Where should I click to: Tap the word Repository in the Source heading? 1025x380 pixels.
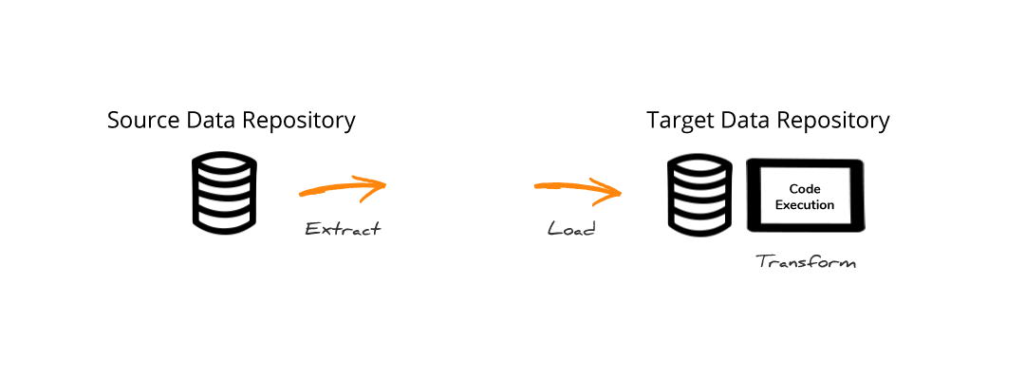[299, 123]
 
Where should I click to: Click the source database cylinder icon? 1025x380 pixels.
[224, 193]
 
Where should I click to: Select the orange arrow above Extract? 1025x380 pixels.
[343, 187]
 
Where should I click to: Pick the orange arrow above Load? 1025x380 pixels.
[578, 187]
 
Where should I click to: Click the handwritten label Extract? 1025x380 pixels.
[343, 230]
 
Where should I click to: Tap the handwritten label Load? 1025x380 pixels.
[571, 230]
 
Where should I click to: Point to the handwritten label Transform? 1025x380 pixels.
[806, 261]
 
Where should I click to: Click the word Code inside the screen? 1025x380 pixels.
[805, 189]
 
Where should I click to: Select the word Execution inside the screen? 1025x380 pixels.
[805, 204]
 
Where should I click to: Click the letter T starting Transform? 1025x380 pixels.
[764, 261]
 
